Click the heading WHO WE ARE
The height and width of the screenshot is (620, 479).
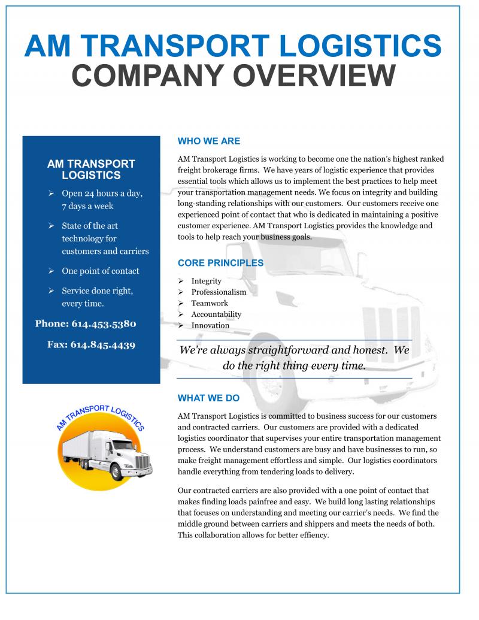tap(209, 141)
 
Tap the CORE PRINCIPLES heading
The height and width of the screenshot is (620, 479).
tap(220, 263)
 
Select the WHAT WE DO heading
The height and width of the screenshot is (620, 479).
tap(208, 398)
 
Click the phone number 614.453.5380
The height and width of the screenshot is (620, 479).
tap(103, 323)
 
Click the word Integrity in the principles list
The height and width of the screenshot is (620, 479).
tap(206, 281)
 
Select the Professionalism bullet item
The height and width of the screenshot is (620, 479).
tap(219, 292)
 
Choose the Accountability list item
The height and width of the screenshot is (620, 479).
tap(216, 314)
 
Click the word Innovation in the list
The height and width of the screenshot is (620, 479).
tap(210, 325)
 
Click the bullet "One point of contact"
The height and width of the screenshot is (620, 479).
tap(100, 271)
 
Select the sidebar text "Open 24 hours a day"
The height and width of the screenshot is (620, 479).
tap(102, 193)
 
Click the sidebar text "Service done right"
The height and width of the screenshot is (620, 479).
tap(97, 291)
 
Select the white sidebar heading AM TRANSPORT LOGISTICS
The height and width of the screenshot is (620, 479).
tap(91, 170)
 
